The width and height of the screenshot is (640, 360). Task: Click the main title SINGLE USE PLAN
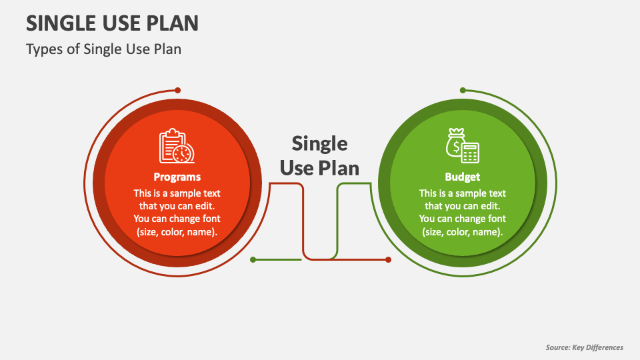point(112,23)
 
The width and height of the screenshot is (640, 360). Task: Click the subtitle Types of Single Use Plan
point(103,49)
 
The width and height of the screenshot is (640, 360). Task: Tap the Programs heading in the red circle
point(177,177)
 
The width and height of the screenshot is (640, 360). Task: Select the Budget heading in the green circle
point(463,177)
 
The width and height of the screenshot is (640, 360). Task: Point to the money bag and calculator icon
point(463,145)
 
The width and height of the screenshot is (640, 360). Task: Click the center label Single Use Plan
point(319,155)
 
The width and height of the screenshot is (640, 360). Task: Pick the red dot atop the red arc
point(177,90)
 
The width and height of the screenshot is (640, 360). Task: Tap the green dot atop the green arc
point(463,90)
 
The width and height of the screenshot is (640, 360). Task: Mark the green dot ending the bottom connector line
point(253,259)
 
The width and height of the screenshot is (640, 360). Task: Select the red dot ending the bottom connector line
point(388,259)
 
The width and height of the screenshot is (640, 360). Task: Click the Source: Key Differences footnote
point(584,347)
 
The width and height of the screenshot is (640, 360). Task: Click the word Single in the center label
point(319,143)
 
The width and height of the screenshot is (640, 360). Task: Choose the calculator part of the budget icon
point(471,153)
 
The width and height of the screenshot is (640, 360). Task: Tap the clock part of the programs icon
point(183,153)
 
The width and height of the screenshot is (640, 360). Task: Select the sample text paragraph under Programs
point(177,213)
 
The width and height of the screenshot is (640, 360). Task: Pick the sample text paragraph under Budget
point(463,213)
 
